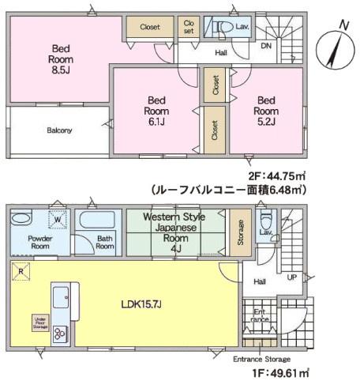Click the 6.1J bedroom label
coord(155,111)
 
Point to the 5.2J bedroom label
coord(265,111)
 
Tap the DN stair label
coord(268,47)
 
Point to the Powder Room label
coord(39,241)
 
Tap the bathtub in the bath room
coord(95,219)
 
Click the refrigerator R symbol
coord(21,273)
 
